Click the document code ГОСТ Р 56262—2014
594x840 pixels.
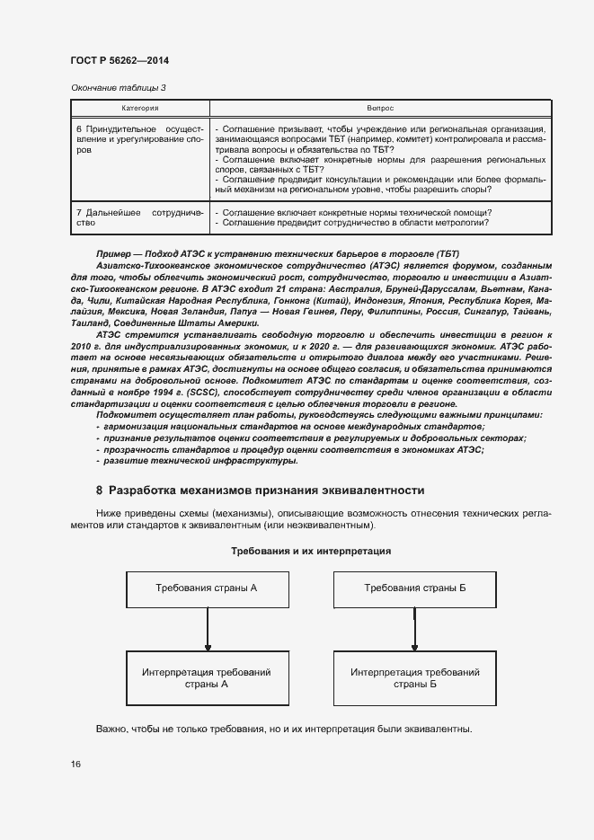119,60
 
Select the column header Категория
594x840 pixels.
140,108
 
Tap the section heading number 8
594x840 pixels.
100,491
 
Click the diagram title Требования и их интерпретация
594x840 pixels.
311,550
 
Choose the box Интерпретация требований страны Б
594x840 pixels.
414,677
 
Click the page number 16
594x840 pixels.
75,764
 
